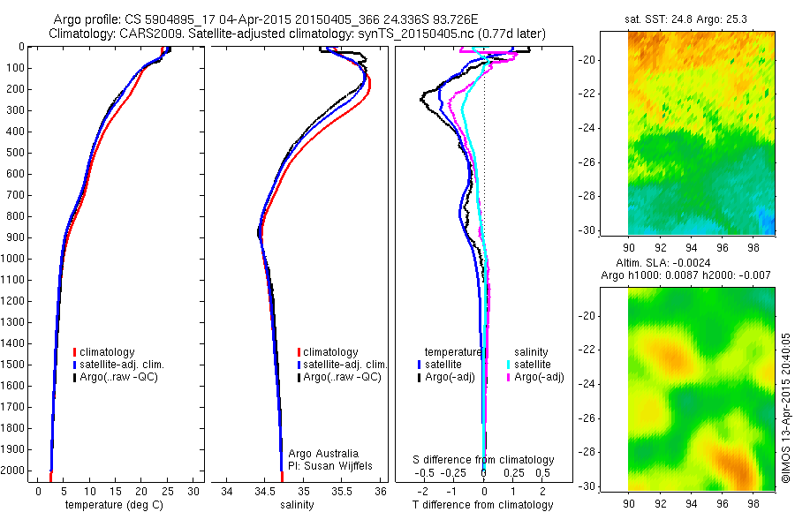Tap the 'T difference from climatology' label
pos(482,505)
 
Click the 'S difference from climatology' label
pos(483,460)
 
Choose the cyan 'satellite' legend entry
pos(533,364)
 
